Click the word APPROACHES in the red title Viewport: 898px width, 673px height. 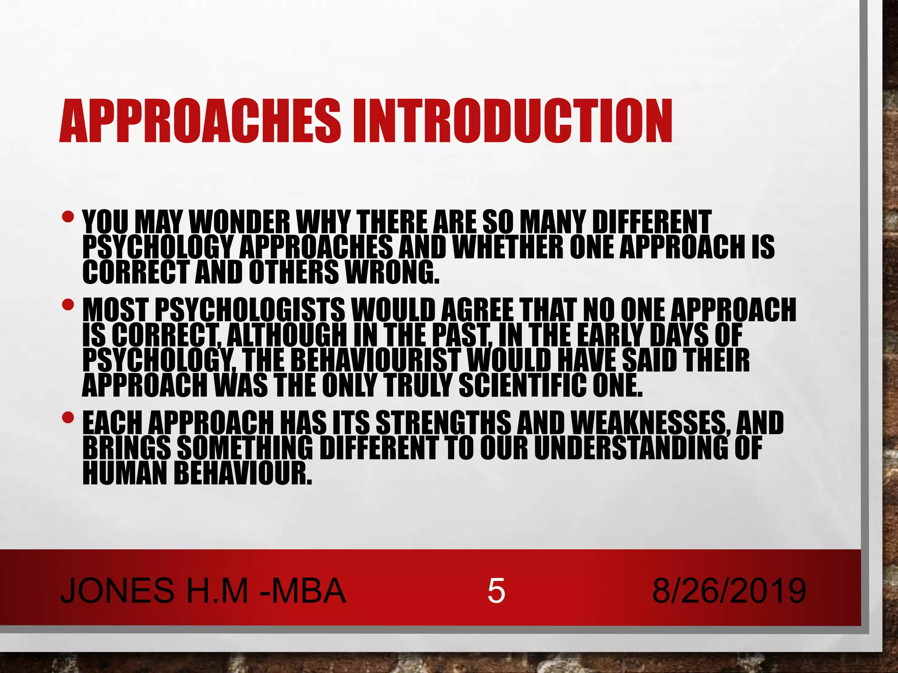coord(200,121)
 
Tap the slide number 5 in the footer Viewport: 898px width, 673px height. coord(496,591)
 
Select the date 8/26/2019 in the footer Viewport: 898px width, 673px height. coord(729,591)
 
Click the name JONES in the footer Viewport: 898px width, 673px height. coord(117,591)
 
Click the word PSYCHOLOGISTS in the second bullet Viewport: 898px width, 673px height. coord(250,310)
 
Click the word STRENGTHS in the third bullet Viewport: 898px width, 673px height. coord(443,423)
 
